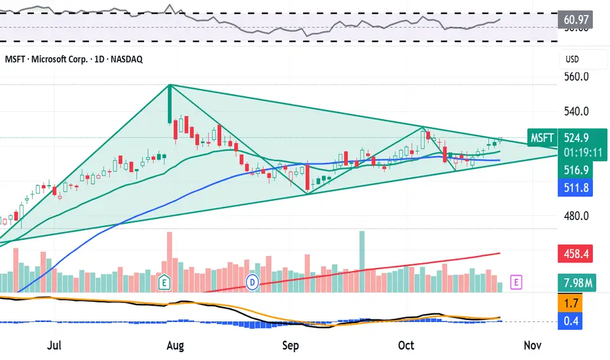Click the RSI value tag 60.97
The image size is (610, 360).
point(575,20)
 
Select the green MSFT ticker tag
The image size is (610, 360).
point(543,138)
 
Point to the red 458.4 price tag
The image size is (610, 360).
point(575,252)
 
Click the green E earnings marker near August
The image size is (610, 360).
point(166,282)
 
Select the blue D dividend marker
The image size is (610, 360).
point(253,282)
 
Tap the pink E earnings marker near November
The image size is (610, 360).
point(517,282)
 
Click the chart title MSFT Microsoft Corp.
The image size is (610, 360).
point(73,59)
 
